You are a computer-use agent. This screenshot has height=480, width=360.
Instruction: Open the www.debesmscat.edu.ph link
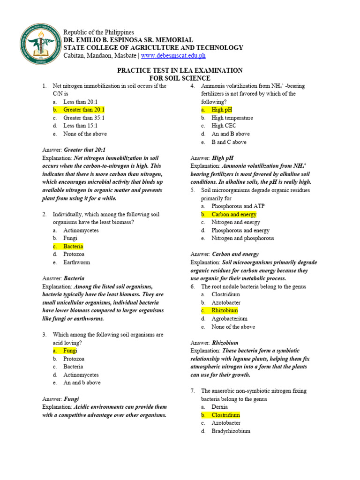(173, 55)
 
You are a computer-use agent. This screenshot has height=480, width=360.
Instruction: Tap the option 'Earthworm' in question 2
(76, 262)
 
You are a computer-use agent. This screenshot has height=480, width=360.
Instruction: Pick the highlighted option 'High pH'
(222, 110)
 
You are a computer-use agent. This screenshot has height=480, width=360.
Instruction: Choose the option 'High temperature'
(232, 118)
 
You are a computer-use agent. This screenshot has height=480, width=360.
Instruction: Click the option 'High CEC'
(224, 126)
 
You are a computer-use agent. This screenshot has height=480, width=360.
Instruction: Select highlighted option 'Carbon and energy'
(233, 214)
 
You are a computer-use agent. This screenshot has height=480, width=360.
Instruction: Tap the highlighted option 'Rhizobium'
(225, 310)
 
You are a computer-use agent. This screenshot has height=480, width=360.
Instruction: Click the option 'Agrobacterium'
(229, 318)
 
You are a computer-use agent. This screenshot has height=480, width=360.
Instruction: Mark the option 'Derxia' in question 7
(219, 407)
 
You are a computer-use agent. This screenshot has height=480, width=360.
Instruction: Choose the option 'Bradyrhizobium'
(231, 431)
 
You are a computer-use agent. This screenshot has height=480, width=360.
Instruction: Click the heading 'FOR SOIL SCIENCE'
(180, 78)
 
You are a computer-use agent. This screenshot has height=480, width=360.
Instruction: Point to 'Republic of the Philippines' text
(98, 32)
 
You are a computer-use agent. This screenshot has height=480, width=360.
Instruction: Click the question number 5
(193, 190)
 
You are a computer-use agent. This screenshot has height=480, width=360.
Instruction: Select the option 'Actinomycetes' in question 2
(81, 230)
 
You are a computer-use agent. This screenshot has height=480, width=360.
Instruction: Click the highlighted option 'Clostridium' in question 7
(225, 415)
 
